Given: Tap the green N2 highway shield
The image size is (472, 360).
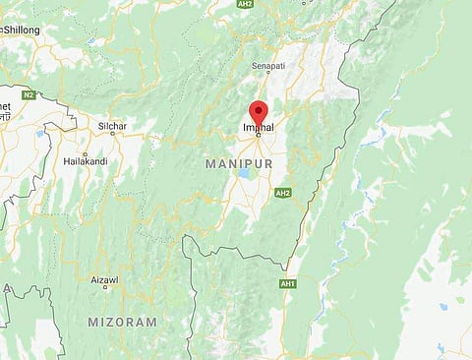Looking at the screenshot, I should point(29,94).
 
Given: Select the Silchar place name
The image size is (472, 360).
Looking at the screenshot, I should point(113,126).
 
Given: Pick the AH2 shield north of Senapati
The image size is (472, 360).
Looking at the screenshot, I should point(245,5).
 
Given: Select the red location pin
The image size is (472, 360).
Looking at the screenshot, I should point(259,112).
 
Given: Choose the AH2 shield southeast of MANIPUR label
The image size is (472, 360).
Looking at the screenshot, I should point(283,193).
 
